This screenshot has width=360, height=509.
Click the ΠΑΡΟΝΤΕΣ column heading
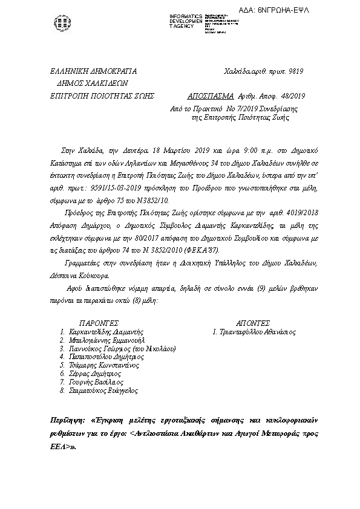(99, 323)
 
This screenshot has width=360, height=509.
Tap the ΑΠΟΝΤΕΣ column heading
(254, 323)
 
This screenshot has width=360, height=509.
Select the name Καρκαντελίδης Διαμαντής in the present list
(106, 332)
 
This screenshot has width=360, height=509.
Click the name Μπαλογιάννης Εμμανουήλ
(107, 340)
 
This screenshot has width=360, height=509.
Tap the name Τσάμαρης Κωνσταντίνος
(105, 366)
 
